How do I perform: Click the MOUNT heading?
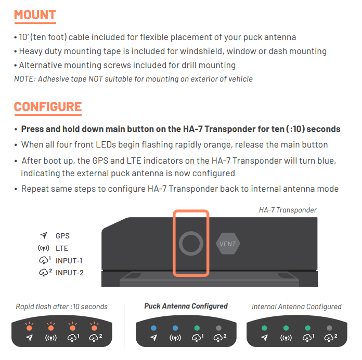[35, 15]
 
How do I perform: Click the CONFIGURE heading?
[48, 107]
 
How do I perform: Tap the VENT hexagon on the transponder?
[228, 244]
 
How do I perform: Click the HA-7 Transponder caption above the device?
[288, 210]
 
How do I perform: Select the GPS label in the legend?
[62, 236]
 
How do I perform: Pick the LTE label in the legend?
[62, 248]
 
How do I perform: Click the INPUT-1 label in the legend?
[69, 261]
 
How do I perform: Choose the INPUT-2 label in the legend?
[70, 273]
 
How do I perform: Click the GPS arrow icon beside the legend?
[44, 235]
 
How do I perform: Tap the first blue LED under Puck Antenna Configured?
[153, 328]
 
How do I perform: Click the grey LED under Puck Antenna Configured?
[218, 328]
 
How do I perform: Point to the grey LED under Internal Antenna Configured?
[329, 328]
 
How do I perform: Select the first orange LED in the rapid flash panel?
[29, 327]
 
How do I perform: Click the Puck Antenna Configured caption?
[186, 306]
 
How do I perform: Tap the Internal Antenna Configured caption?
[296, 306]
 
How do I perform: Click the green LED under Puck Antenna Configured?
[197, 328]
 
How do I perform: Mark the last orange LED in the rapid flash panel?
[95, 327]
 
